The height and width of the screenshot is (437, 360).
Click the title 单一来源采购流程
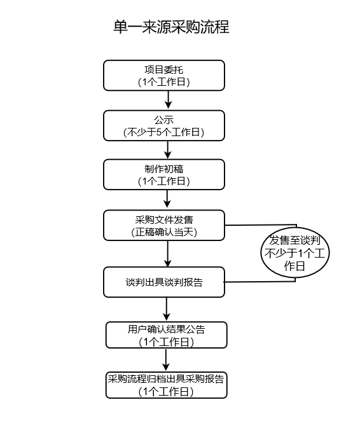(x=170, y=27)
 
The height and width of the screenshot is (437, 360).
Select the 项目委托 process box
(x=164, y=76)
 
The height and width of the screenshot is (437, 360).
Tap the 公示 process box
(x=164, y=125)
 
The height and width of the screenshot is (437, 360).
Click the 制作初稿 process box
(x=164, y=174)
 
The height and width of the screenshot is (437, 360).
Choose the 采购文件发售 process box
(x=164, y=225)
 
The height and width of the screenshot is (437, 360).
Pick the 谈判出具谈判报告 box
(x=164, y=282)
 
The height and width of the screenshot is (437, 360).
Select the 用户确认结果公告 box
(x=166, y=335)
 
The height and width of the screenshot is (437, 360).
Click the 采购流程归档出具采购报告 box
(x=166, y=385)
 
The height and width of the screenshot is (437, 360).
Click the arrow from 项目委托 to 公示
(x=169, y=100)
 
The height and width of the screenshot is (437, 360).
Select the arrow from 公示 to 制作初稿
(x=169, y=149)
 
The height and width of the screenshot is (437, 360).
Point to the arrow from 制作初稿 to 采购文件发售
(x=169, y=199)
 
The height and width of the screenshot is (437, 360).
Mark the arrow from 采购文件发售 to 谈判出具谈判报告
(x=169, y=253)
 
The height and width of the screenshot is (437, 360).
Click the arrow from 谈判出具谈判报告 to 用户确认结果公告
(x=167, y=309)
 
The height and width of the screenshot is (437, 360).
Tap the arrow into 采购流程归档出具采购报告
(x=167, y=360)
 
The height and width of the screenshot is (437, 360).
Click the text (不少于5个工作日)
(x=164, y=132)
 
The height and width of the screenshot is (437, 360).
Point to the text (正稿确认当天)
(x=164, y=232)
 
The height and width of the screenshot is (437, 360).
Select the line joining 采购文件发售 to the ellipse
(x=261, y=225)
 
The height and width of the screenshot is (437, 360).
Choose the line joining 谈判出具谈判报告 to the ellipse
(x=261, y=281)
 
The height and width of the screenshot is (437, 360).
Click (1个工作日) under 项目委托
(x=164, y=82)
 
